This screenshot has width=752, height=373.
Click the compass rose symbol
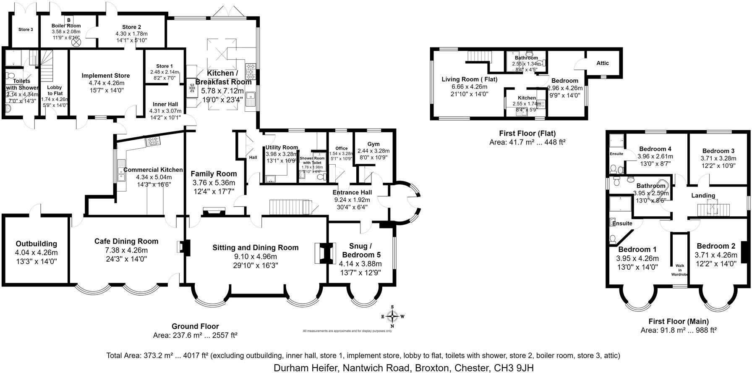[x=392, y=316]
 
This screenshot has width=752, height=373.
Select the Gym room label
[x=373, y=144]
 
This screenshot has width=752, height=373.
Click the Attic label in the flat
[x=602, y=63]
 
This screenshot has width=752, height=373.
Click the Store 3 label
[x=26, y=29]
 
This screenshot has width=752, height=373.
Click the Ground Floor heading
[x=195, y=326]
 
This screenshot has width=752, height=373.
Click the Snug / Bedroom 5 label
[x=361, y=250]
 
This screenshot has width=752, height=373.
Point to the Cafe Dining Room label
[x=126, y=241]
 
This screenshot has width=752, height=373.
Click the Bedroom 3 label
[x=718, y=151]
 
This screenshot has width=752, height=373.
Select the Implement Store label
[x=106, y=76]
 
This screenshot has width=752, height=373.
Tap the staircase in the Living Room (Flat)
[x=479, y=56]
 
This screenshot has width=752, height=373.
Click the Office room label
[x=341, y=148]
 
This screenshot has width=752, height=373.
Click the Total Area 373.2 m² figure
[x=157, y=356]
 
